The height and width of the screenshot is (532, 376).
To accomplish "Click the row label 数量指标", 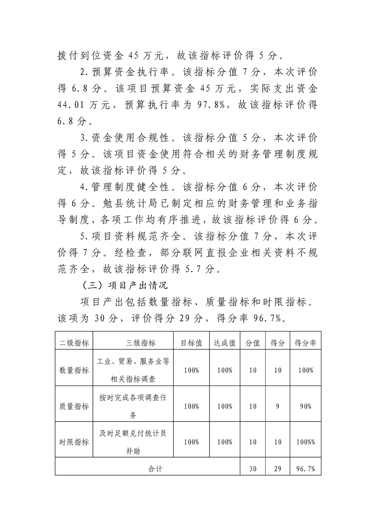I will (x=73, y=370).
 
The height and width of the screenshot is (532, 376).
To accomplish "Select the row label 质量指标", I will (x=73, y=406).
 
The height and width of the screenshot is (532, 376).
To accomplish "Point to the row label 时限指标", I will (x=73, y=442).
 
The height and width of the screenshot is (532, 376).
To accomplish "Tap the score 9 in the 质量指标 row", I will (x=278, y=406).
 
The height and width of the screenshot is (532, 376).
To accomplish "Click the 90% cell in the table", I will (x=305, y=406).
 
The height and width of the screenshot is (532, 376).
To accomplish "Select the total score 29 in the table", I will (x=278, y=468).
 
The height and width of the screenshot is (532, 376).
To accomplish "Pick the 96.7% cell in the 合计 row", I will (x=305, y=468).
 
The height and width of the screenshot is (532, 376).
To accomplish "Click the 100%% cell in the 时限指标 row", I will (x=305, y=442).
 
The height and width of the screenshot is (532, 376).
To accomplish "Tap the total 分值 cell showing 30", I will (x=253, y=468).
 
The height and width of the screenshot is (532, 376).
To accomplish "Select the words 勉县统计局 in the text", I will (x=125, y=204).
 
